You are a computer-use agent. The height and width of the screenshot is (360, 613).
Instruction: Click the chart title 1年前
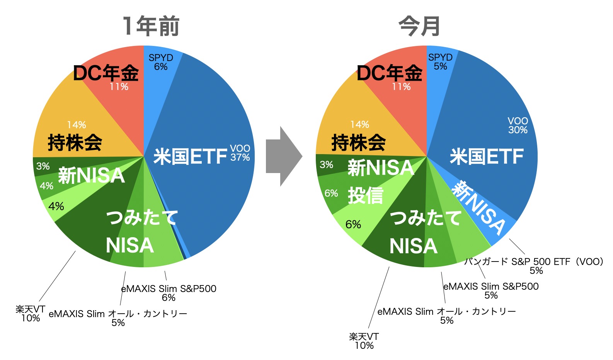coord(151,26)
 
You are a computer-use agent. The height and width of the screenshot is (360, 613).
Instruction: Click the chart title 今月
coord(419,26)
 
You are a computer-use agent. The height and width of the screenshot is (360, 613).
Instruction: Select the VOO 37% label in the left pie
coord(240,153)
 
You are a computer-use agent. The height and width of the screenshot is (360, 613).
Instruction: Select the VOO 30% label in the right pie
coord(518,126)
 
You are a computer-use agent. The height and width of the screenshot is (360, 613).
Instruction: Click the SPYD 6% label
coord(161,62)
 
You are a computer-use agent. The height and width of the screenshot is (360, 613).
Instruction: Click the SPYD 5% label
coord(440,62)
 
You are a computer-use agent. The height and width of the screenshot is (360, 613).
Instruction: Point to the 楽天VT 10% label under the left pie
coord(31,314)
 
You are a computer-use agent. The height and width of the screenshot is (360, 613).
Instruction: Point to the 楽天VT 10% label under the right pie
coord(364,341)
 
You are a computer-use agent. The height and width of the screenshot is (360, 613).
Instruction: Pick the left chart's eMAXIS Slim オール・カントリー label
coord(118,318)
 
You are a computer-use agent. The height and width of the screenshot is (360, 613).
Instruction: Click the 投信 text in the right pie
coord(366,195)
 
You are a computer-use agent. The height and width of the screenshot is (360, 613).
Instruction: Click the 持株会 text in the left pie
coord(75,143)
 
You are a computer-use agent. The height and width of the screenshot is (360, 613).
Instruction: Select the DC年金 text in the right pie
coord(389,73)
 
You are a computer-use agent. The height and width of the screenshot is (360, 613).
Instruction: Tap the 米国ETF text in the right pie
coord(487,156)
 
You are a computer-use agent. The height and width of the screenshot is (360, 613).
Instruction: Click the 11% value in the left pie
coord(119,87)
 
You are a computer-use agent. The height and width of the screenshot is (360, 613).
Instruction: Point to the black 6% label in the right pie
coord(353,224)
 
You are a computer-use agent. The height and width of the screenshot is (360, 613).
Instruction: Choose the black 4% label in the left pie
coord(56,207)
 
